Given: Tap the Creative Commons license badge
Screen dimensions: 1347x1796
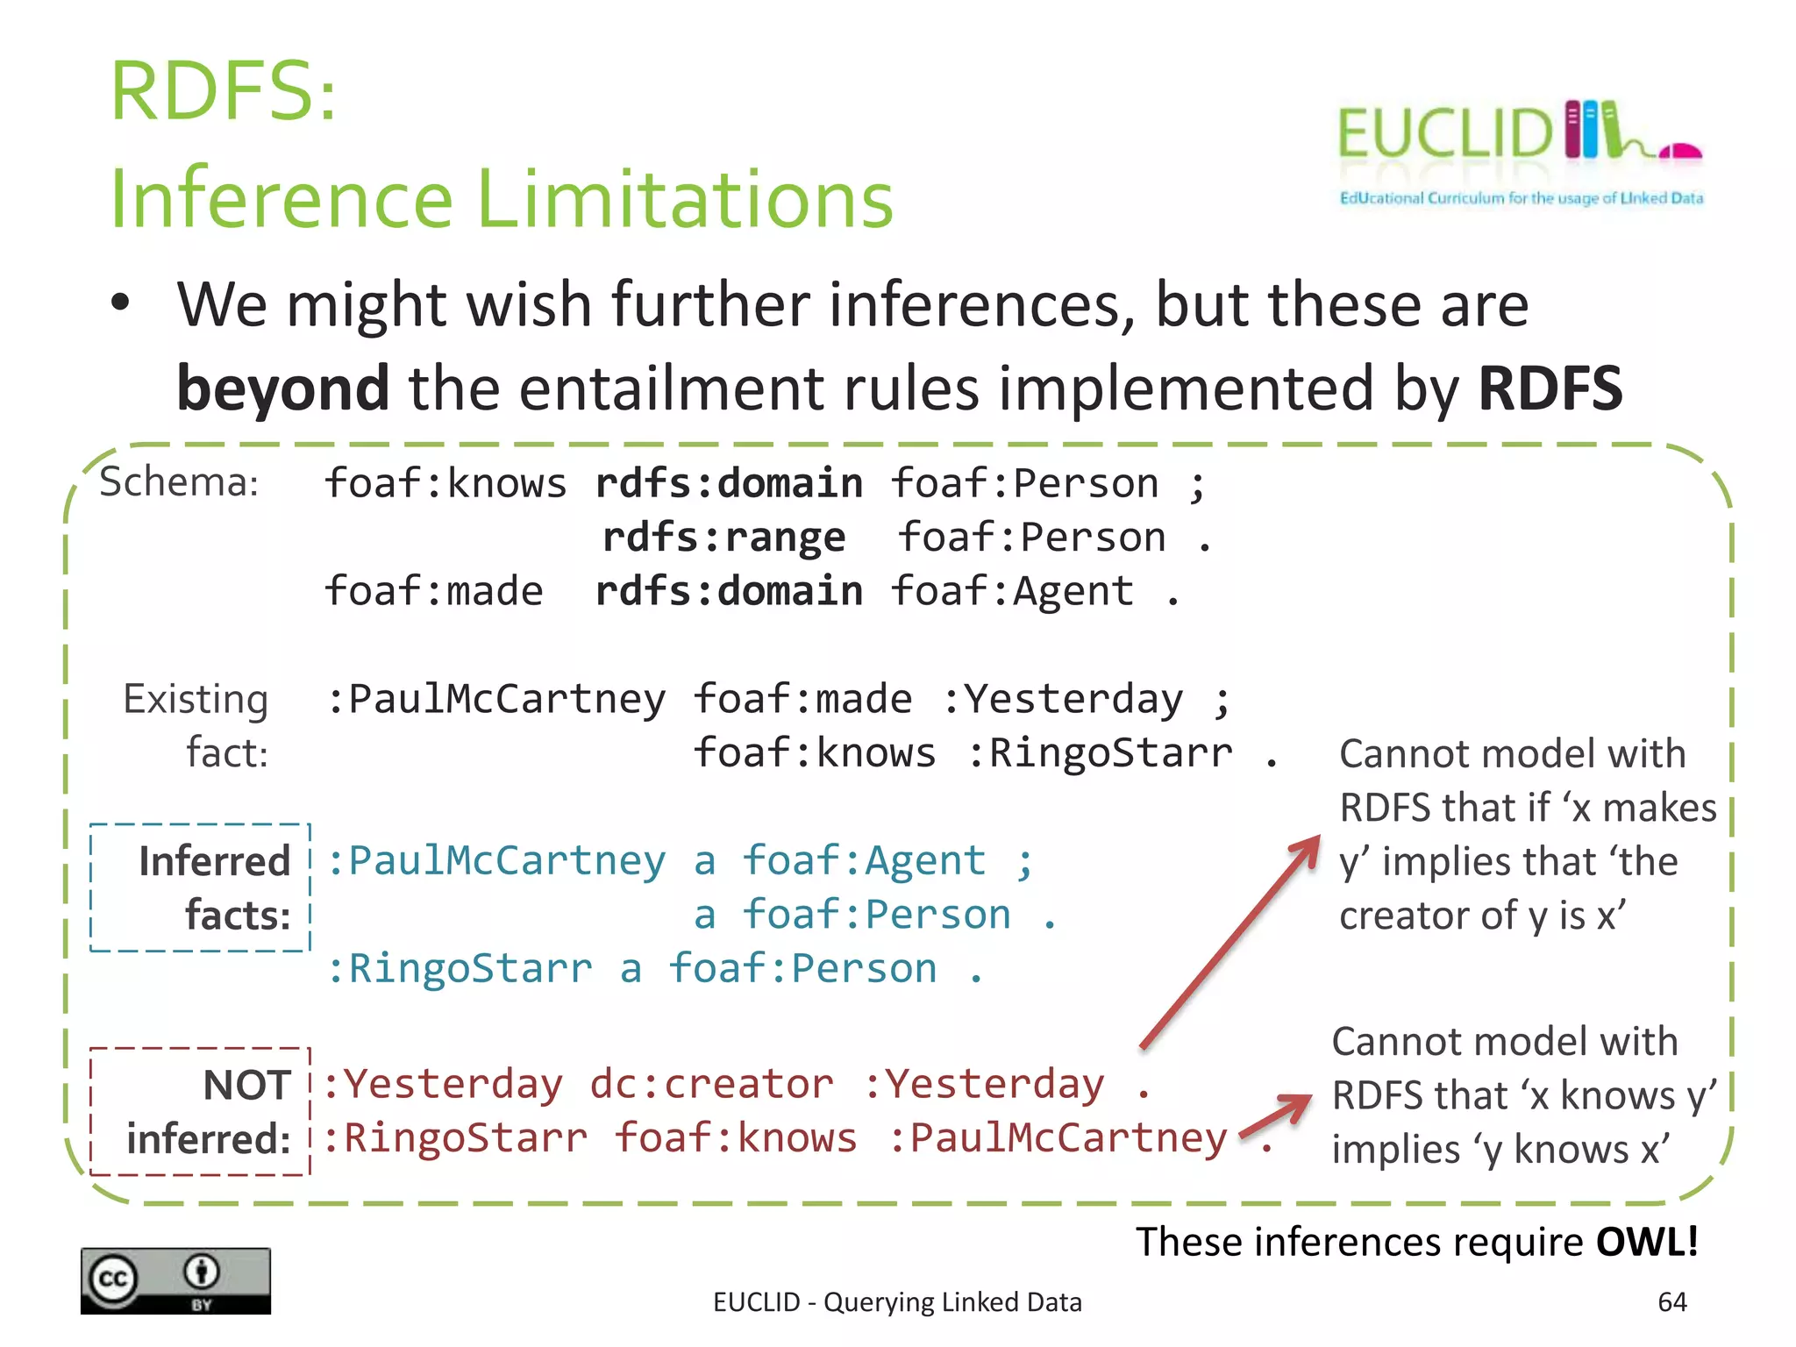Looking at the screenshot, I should tap(175, 1280).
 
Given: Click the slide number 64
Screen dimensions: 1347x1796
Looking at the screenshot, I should tap(1671, 1301).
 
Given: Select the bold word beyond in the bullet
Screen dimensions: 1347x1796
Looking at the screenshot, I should tap(282, 388).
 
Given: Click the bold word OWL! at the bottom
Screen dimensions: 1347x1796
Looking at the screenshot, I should tap(1646, 1242).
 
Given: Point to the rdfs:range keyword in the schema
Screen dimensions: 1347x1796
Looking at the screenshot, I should tap(723, 537).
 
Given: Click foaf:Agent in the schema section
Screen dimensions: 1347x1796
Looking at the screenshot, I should tap(1012, 591).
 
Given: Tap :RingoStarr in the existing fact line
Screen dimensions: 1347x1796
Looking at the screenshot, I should tap(1100, 753).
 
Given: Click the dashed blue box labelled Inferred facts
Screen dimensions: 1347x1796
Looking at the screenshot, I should tap(201, 887).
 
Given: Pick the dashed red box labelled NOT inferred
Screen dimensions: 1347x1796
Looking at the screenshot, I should tap(201, 1111).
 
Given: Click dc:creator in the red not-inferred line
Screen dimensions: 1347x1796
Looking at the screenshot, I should tap(711, 1084).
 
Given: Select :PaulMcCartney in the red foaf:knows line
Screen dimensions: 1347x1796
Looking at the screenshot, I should tap(1058, 1138).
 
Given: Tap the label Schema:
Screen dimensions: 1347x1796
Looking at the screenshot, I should tap(179, 482).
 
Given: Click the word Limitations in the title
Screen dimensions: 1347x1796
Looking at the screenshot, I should tap(685, 199).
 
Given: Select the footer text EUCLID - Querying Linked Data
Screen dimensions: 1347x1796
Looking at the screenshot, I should tap(897, 1301).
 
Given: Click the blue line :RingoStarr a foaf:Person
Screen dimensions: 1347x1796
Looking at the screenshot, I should tap(653, 969).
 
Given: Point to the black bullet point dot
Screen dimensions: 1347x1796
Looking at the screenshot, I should tap(120, 303).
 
